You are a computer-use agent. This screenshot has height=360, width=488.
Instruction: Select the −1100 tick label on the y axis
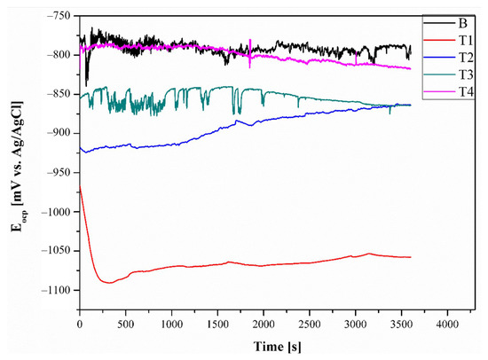(x=56, y=291)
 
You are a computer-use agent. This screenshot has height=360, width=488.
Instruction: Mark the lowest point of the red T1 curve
(x=109, y=282)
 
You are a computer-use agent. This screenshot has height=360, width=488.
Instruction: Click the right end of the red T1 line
(x=410, y=257)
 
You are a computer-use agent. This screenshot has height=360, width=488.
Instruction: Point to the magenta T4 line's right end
(x=410, y=68)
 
